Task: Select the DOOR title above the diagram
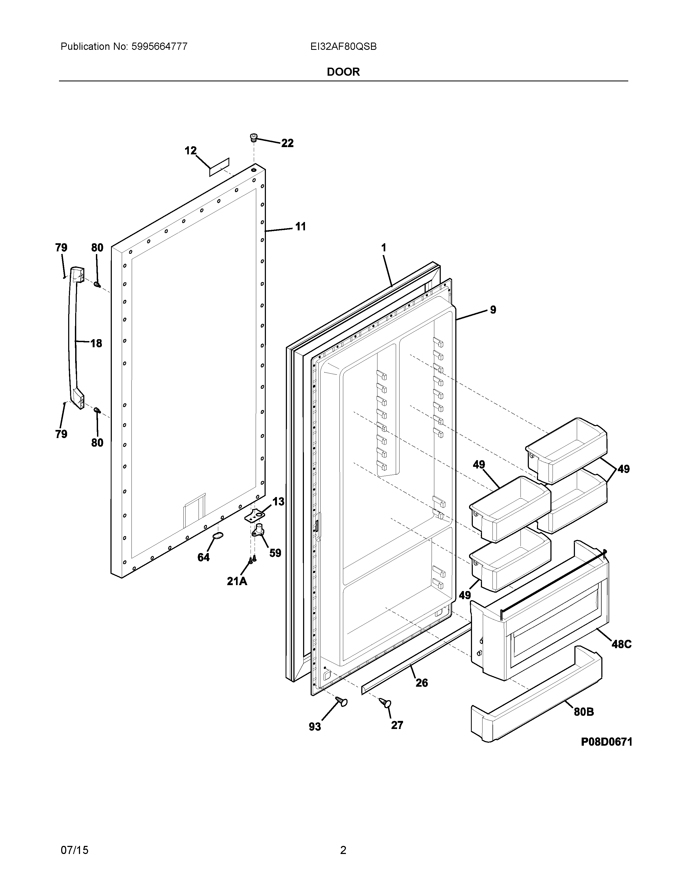click(343, 72)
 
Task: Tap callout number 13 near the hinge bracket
click(278, 502)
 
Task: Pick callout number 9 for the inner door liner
click(493, 310)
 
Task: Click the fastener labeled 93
click(341, 701)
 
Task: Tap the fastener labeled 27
click(386, 702)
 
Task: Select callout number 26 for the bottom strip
click(422, 683)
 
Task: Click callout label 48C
click(622, 644)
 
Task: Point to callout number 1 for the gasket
click(383, 248)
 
